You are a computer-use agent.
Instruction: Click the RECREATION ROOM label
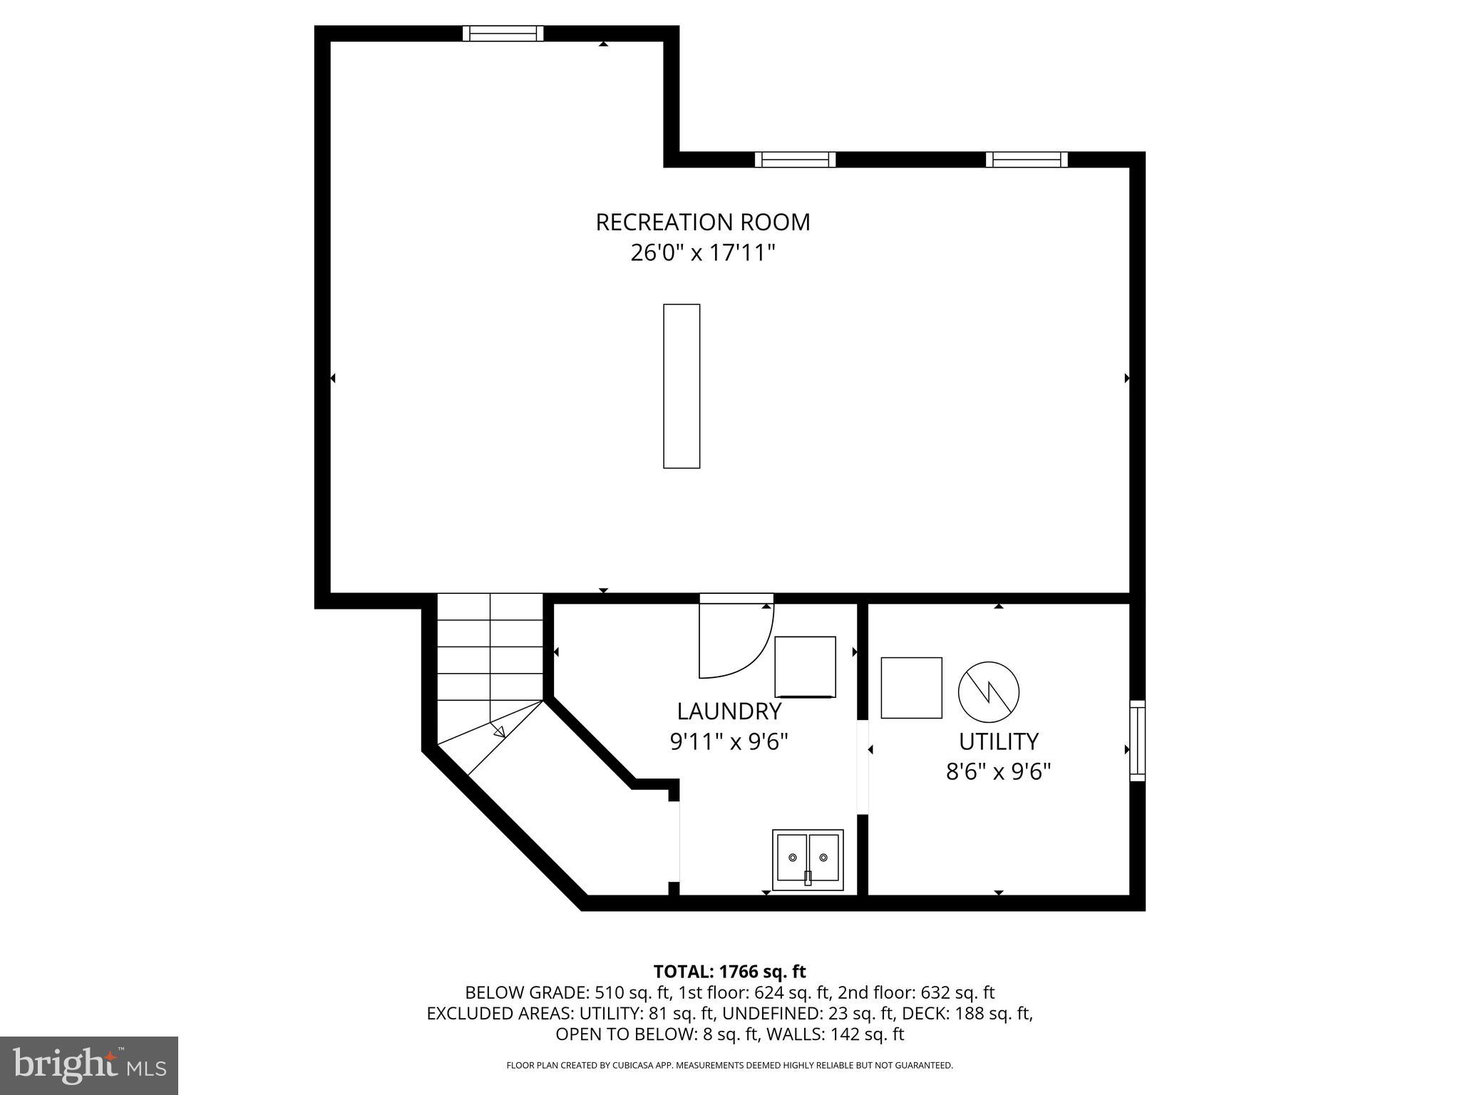(x=703, y=222)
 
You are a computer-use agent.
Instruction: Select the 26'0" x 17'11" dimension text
(x=703, y=253)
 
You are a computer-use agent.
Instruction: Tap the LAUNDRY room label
(x=729, y=711)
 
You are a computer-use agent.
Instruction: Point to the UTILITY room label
(x=998, y=742)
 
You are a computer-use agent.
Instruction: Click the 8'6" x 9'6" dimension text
(x=998, y=772)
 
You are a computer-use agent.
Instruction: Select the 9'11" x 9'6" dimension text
(x=729, y=742)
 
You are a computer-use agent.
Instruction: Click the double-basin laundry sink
(x=808, y=859)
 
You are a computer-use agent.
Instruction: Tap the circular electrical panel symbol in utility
(x=988, y=692)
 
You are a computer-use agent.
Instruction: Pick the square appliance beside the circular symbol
(x=911, y=687)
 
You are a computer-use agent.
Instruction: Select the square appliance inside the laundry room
(x=805, y=667)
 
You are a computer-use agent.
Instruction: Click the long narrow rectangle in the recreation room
(x=682, y=386)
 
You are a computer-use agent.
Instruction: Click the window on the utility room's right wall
(x=1137, y=741)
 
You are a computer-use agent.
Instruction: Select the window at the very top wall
(x=503, y=34)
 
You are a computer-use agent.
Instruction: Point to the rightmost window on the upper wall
(x=1027, y=159)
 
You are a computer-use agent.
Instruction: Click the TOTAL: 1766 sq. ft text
(x=729, y=972)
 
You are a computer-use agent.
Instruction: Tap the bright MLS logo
(x=89, y=1066)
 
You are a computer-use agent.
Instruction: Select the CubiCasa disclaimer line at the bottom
(x=729, y=1065)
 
